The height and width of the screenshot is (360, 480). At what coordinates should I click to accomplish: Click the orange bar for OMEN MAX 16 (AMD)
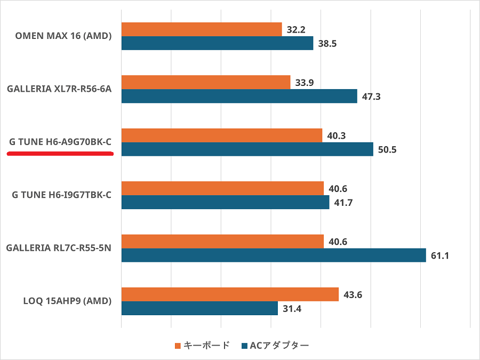click(x=202, y=29)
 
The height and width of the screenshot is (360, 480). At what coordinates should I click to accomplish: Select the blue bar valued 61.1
click(x=274, y=255)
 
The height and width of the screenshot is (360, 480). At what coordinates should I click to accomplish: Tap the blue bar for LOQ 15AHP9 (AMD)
click(x=199, y=308)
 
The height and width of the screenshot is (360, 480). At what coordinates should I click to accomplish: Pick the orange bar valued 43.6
click(x=230, y=294)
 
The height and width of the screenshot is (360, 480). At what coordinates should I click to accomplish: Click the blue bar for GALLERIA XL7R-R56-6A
click(x=239, y=97)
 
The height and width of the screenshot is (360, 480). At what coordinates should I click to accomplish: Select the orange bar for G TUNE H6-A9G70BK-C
click(x=222, y=135)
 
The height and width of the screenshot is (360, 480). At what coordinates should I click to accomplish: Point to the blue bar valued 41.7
click(x=225, y=203)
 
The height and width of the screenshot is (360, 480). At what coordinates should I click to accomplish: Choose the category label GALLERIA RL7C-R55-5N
click(x=59, y=248)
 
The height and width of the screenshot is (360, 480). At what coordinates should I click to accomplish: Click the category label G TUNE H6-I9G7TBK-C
click(x=61, y=195)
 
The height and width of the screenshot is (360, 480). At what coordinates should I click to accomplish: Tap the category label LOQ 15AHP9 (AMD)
click(x=67, y=301)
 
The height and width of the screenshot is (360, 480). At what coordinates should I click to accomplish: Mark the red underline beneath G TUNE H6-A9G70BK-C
click(x=60, y=154)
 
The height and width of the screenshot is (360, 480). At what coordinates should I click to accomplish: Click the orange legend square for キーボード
click(x=178, y=346)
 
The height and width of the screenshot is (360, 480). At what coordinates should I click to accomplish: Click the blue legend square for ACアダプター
click(x=244, y=346)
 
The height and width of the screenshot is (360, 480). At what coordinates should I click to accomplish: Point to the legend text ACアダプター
click(x=279, y=346)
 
